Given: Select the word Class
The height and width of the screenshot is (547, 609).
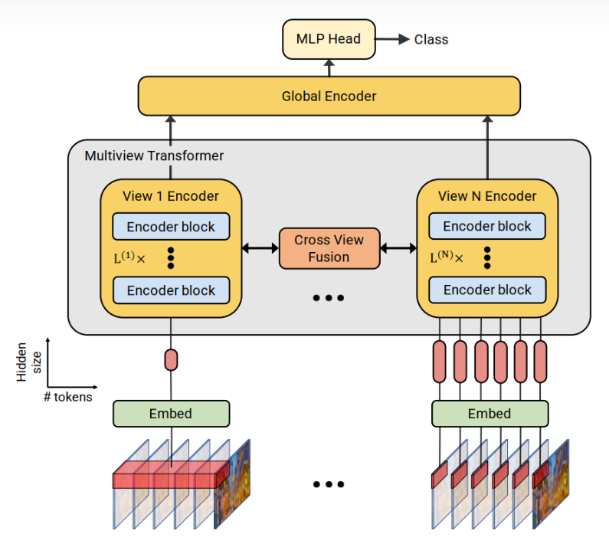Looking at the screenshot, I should coord(431,40).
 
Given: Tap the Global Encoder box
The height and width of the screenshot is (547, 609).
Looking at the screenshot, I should coord(329,97).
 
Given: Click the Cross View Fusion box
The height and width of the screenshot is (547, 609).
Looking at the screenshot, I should coord(329,249).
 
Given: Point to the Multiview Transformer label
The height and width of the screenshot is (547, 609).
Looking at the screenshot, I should coord(154,156).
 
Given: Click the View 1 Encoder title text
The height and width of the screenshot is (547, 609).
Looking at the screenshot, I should coord(170,196).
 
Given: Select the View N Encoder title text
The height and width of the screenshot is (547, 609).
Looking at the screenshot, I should coord(487,196).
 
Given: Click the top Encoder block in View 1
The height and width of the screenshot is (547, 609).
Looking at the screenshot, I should coord(171,227).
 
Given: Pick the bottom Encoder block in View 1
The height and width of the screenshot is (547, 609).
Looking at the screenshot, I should coord(171,290).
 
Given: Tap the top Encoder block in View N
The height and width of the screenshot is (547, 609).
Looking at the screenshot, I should coord(487,227).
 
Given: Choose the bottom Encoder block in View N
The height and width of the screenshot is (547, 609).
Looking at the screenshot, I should coord(487,290).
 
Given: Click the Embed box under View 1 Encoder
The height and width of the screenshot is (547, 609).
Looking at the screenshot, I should coord(171,414).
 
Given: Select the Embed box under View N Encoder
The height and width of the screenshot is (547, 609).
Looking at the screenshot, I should coord(489,414).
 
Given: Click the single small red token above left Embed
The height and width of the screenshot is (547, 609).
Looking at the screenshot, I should coord(171,359).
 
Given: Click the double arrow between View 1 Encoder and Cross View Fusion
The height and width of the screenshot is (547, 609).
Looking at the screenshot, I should coord(260,248).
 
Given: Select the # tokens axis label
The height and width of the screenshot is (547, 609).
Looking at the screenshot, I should coord(69,397).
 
